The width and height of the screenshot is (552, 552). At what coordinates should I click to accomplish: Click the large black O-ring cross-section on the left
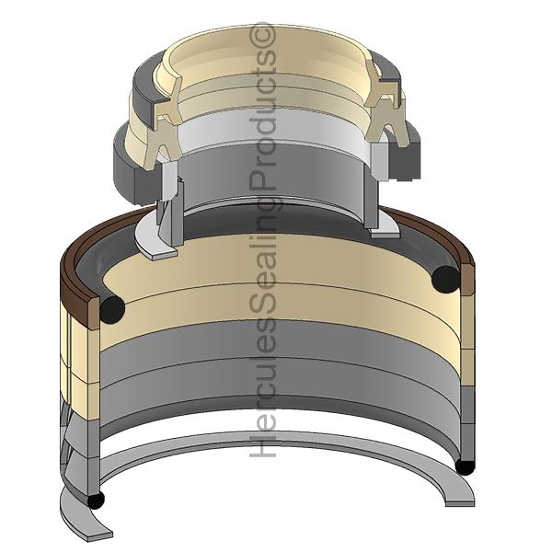112,309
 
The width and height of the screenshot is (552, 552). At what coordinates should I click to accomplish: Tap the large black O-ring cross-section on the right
447,280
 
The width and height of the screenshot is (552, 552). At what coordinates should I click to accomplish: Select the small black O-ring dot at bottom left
96,500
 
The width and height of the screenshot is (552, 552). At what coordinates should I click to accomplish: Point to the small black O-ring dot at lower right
466,466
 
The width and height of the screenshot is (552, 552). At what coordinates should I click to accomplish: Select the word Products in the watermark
262,119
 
